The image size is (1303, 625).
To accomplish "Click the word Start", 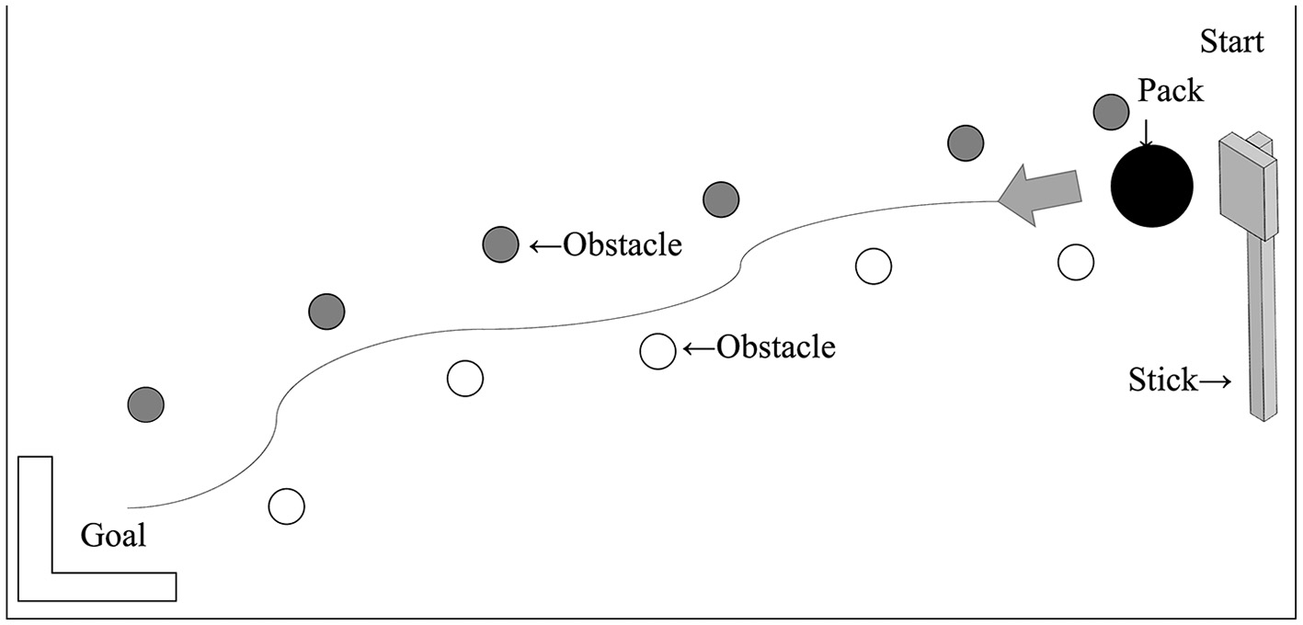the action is [1232, 41].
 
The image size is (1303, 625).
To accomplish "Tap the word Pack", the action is [1170, 90].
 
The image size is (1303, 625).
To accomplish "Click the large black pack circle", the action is [1151, 187].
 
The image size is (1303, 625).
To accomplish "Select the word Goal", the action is [113, 535].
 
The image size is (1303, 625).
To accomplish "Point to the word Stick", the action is [1163, 381].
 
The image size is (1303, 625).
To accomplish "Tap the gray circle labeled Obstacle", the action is [500, 244].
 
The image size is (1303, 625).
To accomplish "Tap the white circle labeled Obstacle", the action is [657, 350].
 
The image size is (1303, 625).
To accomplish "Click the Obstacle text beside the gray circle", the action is [623, 245].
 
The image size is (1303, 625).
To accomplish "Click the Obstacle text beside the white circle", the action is [776, 348].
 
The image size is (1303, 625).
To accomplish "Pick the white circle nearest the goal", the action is [286, 506].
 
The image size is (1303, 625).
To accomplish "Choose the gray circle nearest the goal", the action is [145, 403].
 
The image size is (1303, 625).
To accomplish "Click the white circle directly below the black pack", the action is [1075, 263].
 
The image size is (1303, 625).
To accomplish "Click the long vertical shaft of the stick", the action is [1262, 331].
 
